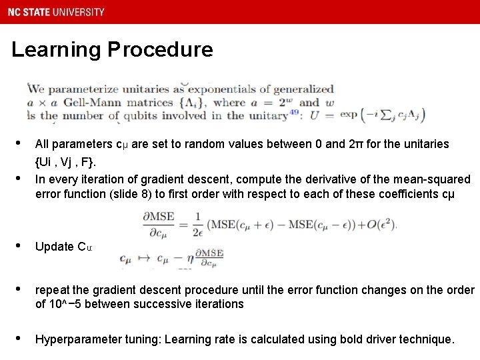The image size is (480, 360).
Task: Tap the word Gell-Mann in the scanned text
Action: point(83,103)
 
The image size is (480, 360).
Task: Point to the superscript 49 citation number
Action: point(294,111)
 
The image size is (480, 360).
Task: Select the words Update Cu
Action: point(64,247)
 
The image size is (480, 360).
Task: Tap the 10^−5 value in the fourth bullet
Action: point(63,304)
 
